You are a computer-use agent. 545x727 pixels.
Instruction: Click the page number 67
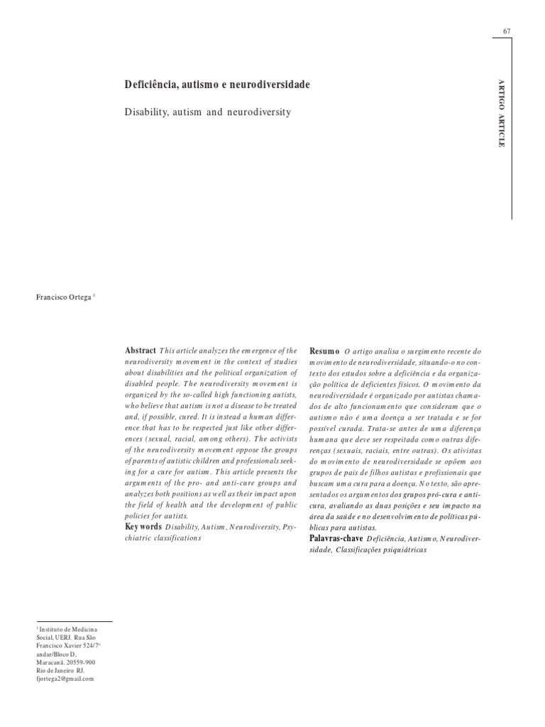(x=507, y=31)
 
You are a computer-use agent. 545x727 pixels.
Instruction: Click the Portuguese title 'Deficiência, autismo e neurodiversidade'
(x=217, y=84)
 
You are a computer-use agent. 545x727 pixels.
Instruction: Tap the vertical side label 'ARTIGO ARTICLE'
(x=502, y=114)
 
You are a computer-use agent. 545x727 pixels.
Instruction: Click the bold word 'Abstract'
(x=141, y=351)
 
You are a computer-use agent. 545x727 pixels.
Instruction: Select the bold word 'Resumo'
(x=324, y=351)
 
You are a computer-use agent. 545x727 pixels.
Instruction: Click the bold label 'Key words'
(x=143, y=528)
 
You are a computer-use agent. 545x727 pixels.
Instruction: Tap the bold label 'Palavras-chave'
(x=337, y=539)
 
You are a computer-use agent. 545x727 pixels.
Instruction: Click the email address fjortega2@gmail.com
(x=65, y=679)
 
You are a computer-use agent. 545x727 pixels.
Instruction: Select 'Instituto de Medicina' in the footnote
(x=67, y=630)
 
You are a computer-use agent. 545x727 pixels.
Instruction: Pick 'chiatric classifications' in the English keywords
(x=163, y=538)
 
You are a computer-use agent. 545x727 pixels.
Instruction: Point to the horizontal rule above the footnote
(x=73, y=621)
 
